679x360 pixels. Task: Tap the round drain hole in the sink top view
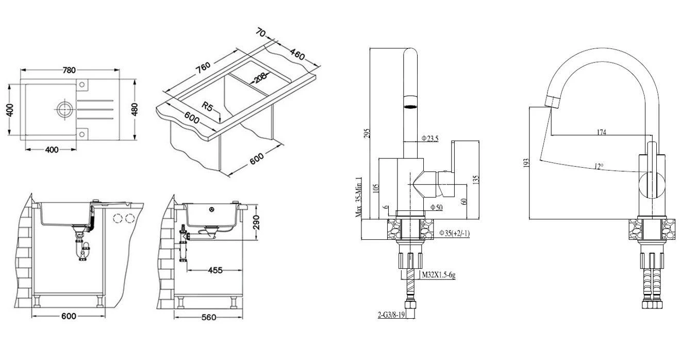pyautogui.click(x=64, y=109)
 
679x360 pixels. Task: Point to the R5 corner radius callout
pyautogui.click(x=208, y=107)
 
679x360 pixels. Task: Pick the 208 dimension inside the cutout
pyautogui.click(x=260, y=78)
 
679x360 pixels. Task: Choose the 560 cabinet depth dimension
pyautogui.click(x=208, y=317)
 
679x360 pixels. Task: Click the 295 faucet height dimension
pyautogui.click(x=366, y=133)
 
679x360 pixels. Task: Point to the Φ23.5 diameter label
pyautogui.click(x=429, y=138)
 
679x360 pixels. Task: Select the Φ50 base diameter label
pyautogui.click(x=436, y=207)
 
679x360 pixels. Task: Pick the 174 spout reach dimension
pyautogui.click(x=601, y=132)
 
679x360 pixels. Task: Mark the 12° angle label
pyautogui.click(x=598, y=166)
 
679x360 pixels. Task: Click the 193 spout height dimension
pyautogui.click(x=525, y=162)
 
